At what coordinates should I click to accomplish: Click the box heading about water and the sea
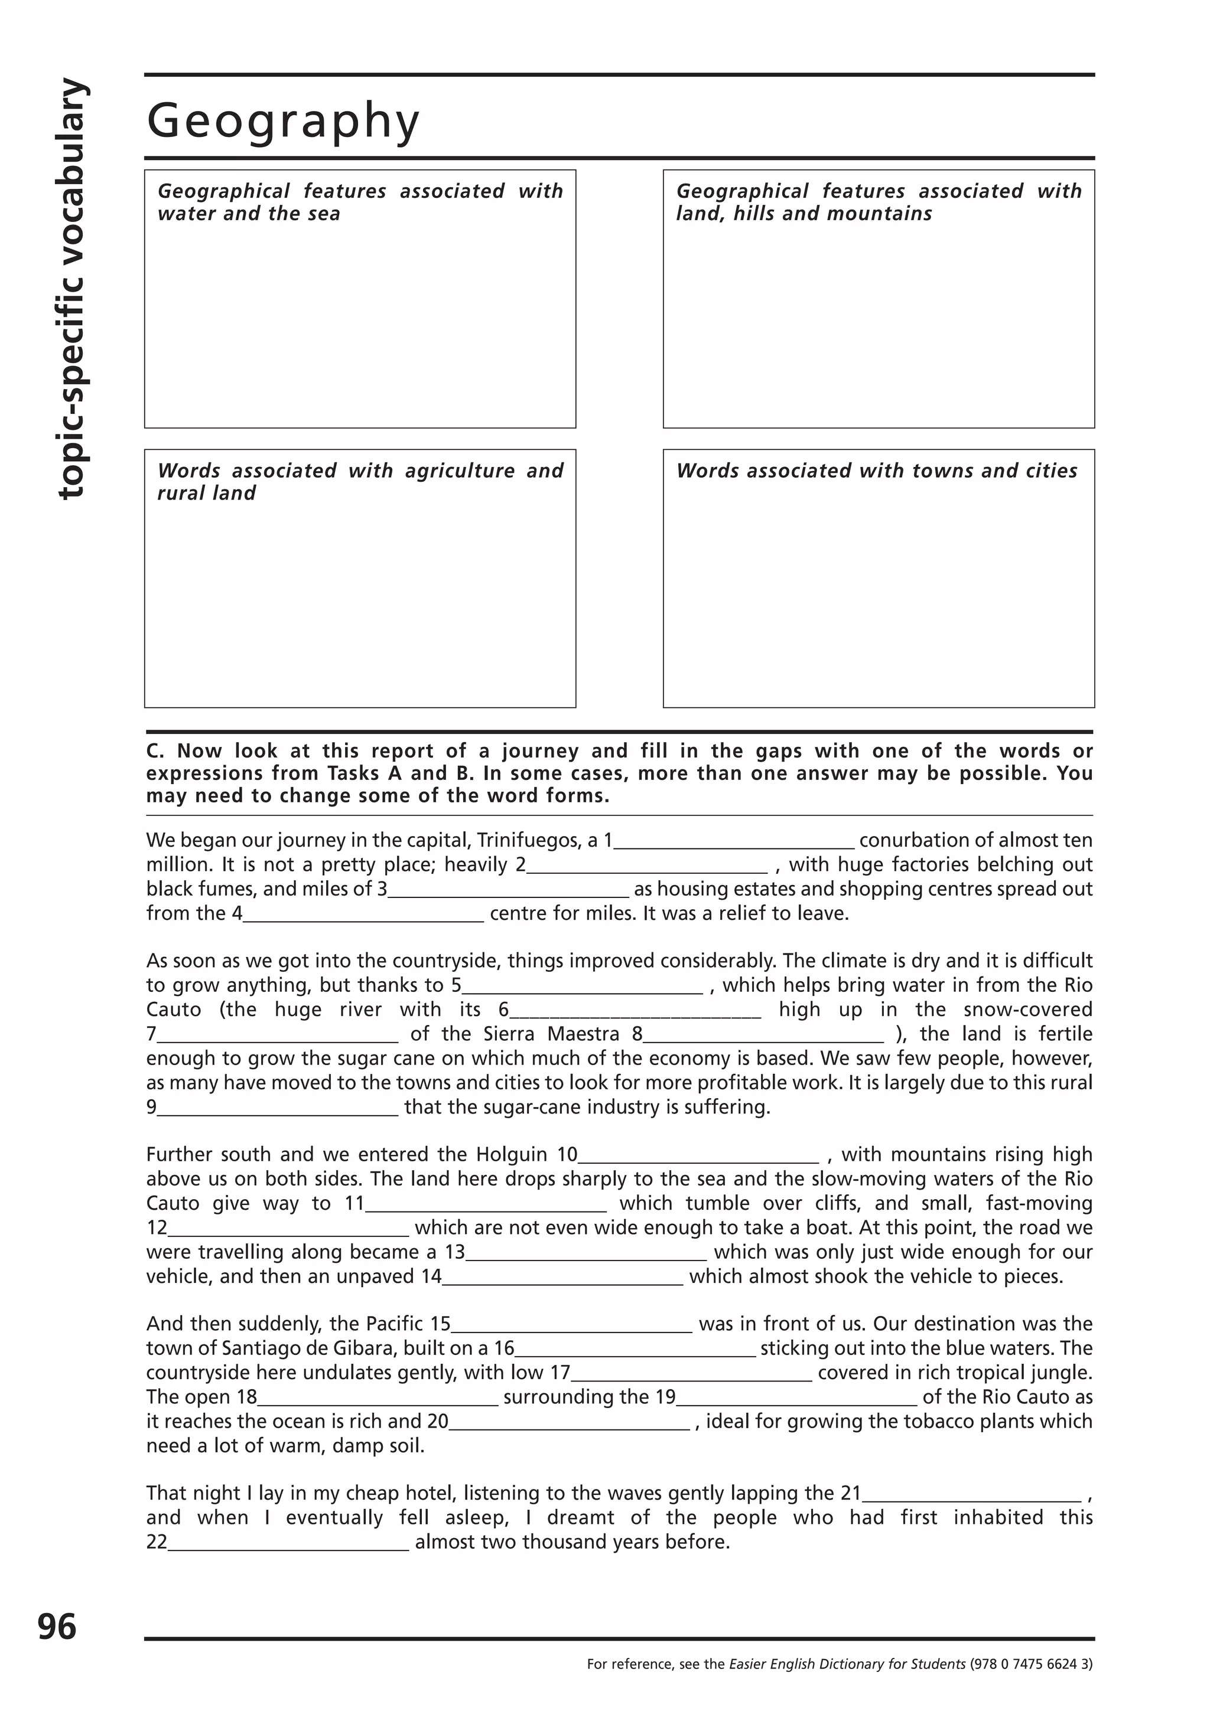359,202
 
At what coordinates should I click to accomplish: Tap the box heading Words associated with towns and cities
877,471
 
